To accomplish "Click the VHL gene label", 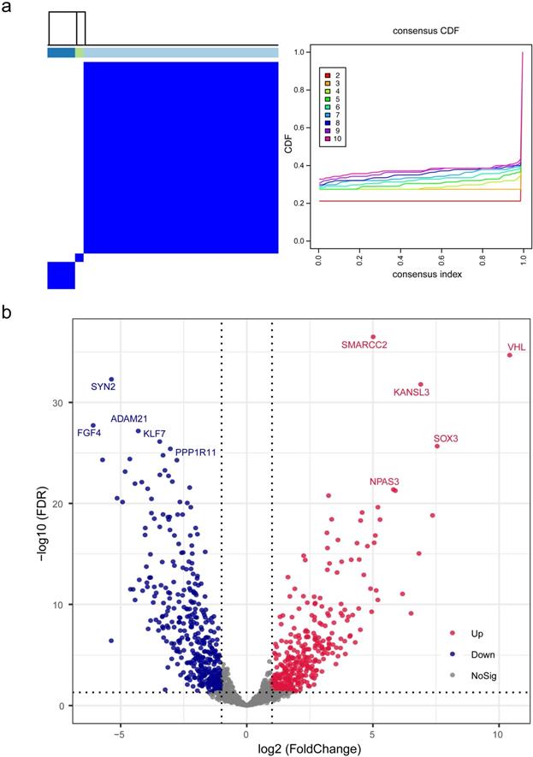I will pos(516,347).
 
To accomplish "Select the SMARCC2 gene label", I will pos(364,346).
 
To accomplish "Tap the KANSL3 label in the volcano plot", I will pos(412,393).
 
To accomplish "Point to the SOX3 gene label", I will pos(446,439).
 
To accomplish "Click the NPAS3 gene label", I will pos(384,482).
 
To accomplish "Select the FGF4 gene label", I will pos(89,433).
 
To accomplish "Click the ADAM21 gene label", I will pos(129,419).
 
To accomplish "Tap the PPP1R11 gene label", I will pos(197,441).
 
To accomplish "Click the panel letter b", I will pos(7,314).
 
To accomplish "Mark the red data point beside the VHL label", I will pos(510,355).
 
